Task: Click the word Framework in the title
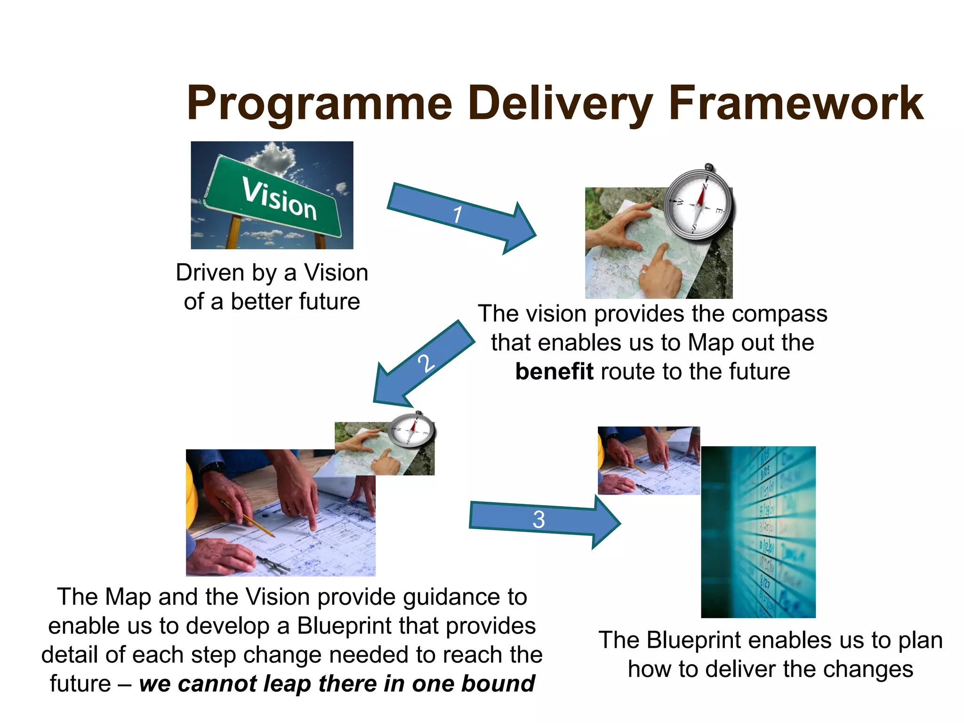pos(795,104)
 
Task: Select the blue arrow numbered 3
pos(541,520)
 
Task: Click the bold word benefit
pos(554,371)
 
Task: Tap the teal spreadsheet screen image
pos(758,532)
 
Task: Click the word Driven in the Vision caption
pos(210,273)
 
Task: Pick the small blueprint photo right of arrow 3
pos(648,460)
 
